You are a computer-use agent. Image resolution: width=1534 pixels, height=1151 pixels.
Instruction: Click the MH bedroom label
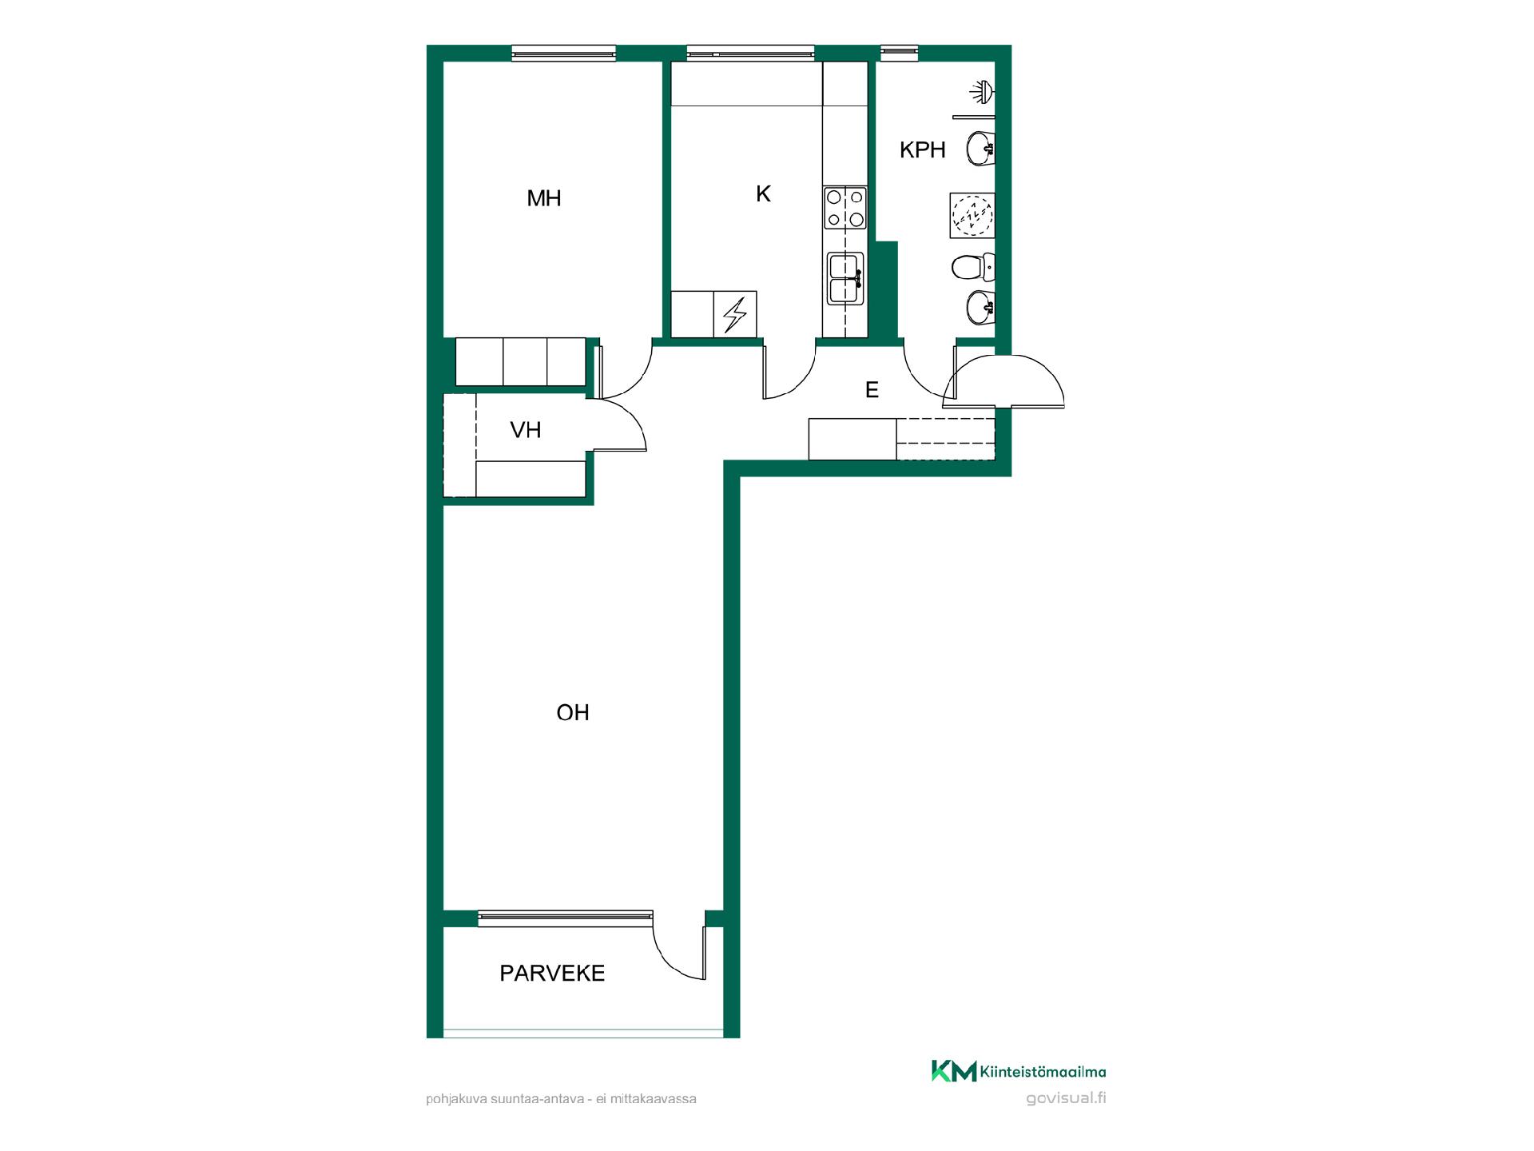544,198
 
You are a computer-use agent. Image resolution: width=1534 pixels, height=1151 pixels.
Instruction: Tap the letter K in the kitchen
763,194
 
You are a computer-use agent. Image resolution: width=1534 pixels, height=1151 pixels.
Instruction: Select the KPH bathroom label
923,149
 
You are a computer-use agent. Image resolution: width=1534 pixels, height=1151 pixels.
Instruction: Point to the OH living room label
573,712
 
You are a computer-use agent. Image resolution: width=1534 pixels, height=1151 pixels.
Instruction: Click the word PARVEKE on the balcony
552,974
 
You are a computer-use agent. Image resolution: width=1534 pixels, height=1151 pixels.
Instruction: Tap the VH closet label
526,430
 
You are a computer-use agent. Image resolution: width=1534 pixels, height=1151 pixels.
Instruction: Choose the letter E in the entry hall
872,390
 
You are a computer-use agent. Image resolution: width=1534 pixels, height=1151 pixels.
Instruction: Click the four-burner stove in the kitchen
845,208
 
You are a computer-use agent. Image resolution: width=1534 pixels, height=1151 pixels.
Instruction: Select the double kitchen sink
845,278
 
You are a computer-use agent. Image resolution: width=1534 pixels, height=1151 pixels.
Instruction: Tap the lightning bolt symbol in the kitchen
734,315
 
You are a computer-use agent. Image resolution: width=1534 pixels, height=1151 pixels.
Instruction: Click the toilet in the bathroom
973,266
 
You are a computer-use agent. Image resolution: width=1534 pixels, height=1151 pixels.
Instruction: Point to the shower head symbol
982,92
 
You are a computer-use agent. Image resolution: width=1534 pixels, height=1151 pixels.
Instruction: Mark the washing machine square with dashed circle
972,215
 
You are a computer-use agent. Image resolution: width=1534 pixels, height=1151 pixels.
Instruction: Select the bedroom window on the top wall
564,53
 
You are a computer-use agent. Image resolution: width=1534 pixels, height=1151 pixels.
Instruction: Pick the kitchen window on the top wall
751,53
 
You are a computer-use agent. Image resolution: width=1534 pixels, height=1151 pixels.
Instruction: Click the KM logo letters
954,1071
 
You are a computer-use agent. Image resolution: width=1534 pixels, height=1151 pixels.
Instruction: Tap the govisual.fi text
1066,1097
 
